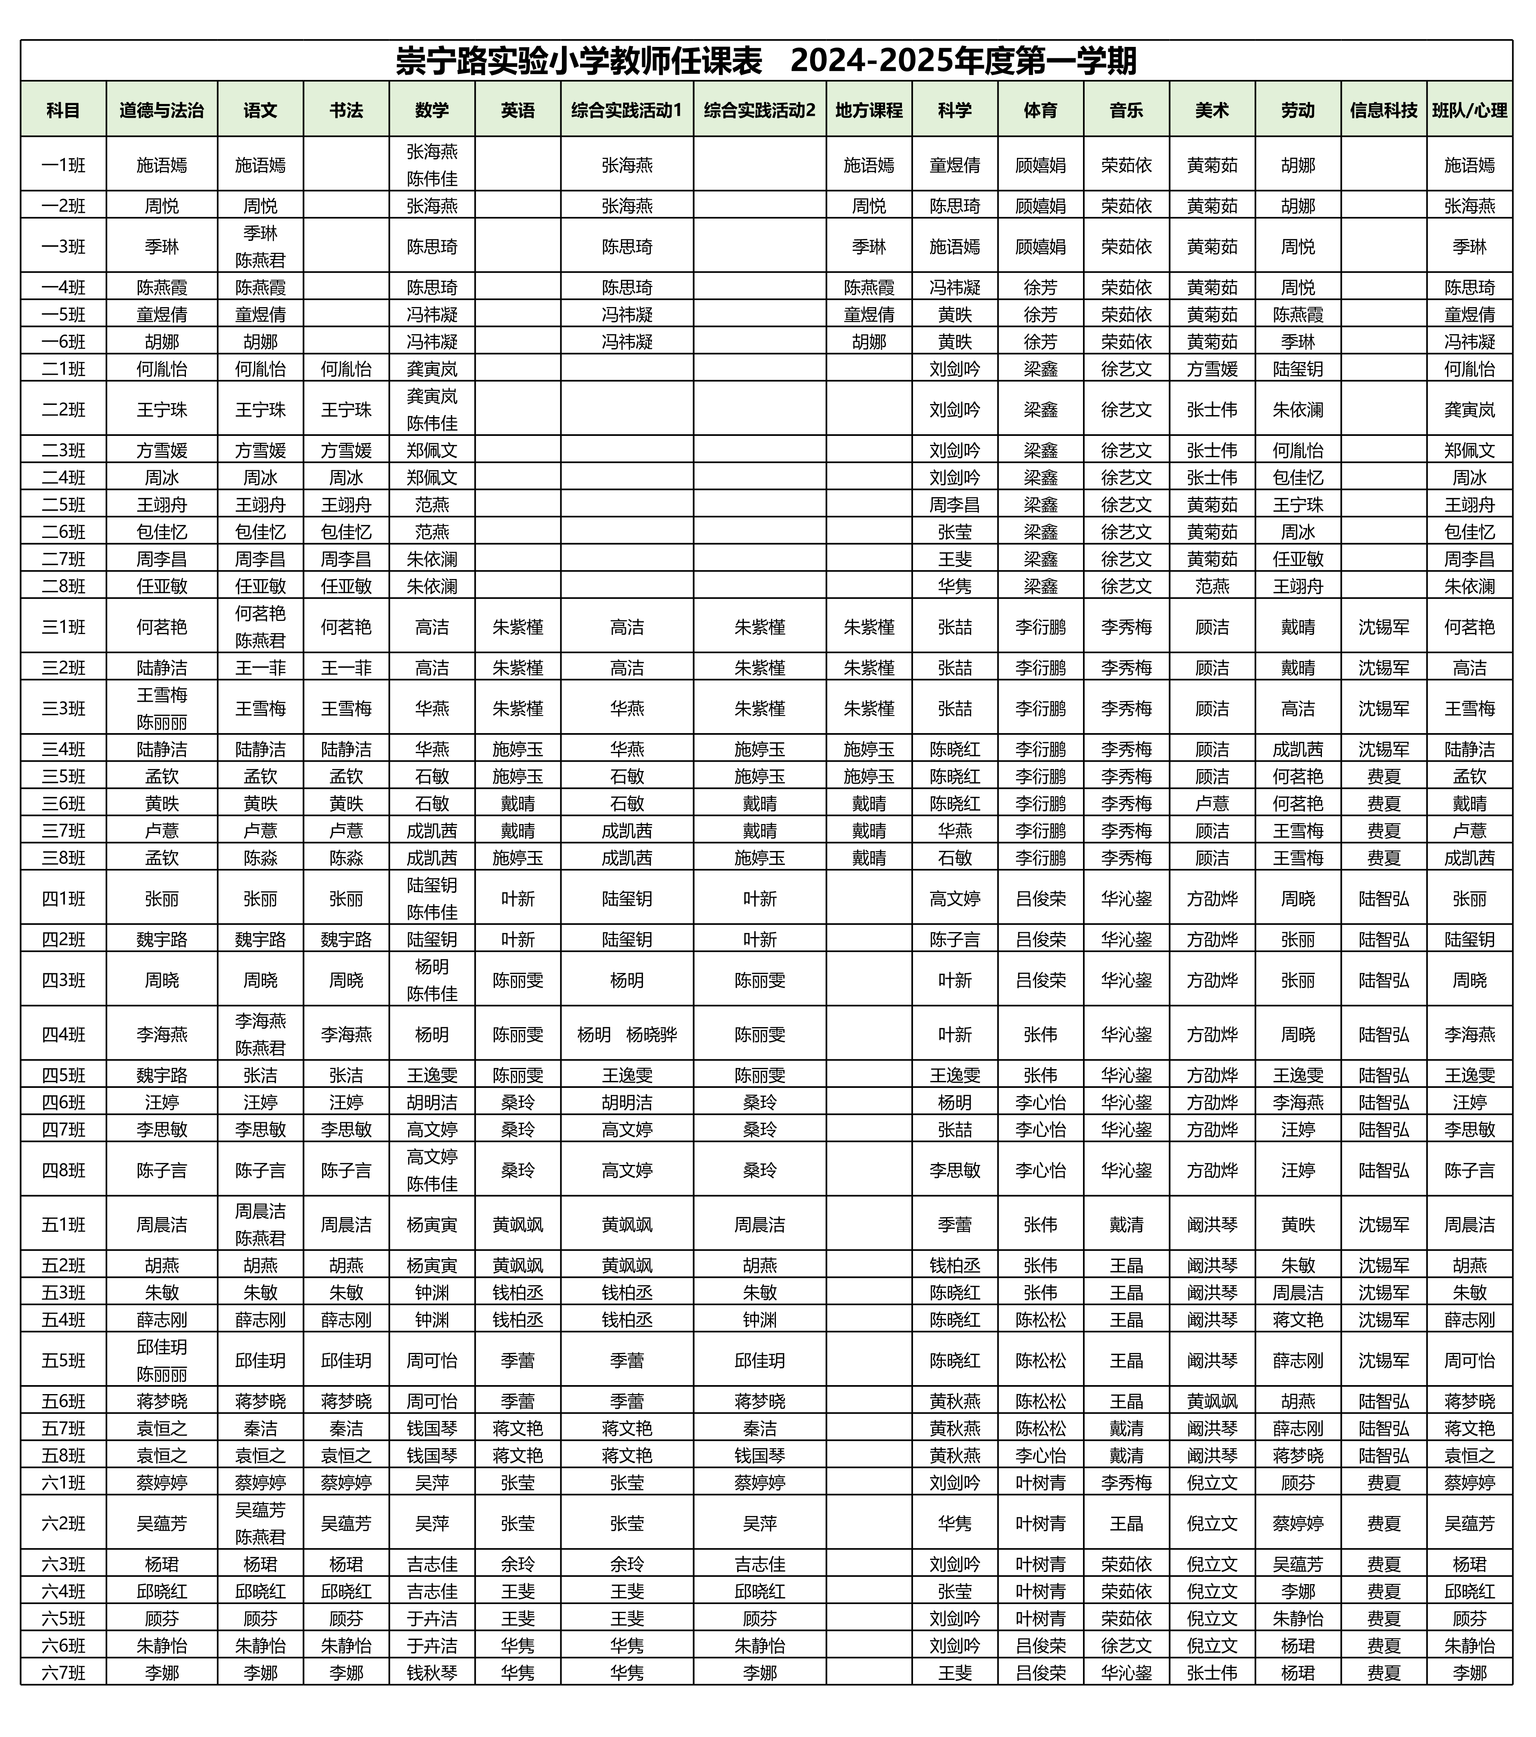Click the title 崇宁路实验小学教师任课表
point(578,61)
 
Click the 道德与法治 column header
point(161,110)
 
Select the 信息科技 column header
point(1383,110)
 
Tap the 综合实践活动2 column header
point(759,110)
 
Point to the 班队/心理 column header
point(1469,110)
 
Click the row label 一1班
point(64,165)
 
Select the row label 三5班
point(64,776)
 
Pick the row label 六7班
point(64,1673)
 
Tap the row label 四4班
point(64,1034)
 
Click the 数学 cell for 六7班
point(432,1673)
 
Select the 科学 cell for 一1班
point(955,165)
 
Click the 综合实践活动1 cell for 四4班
point(626,1034)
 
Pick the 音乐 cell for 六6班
point(1126,1645)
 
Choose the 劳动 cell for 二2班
point(1297,410)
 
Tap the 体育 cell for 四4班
point(1041,1034)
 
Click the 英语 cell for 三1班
point(518,627)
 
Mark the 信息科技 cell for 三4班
point(1383,749)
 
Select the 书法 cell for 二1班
point(346,369)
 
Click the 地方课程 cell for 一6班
point(869,342)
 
